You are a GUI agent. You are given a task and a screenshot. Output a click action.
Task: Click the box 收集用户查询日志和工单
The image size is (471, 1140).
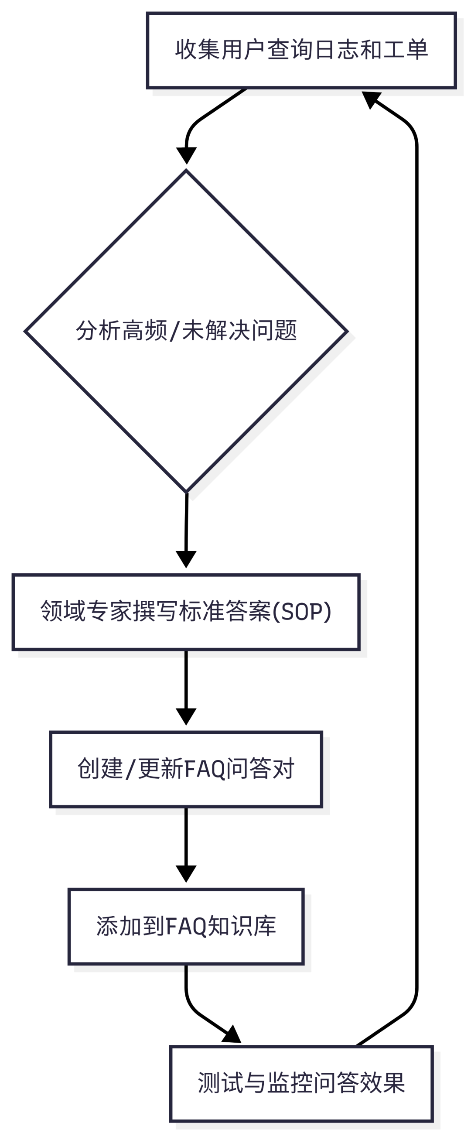click(301, 51)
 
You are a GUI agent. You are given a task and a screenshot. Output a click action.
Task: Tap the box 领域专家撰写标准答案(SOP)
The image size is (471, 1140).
click(186, 612)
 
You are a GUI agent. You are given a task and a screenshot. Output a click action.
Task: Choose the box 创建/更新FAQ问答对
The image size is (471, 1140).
click(186, 769)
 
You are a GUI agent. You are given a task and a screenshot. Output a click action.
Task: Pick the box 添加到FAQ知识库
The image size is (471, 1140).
click(186, 926)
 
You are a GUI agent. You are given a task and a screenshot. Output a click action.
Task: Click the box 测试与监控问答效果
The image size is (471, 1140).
click(301, 1083)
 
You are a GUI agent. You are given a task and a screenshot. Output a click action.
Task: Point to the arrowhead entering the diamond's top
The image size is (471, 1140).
click(186, 156)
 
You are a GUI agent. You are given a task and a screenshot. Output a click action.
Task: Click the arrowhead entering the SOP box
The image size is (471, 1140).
click(186, 559)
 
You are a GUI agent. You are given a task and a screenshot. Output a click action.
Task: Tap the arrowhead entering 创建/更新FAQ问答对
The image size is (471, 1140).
click(186, 716)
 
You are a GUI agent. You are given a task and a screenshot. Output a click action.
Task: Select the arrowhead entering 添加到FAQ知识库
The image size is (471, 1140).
click(186, 873)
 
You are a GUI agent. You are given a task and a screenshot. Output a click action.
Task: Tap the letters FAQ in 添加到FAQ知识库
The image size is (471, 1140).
click(186, 926)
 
